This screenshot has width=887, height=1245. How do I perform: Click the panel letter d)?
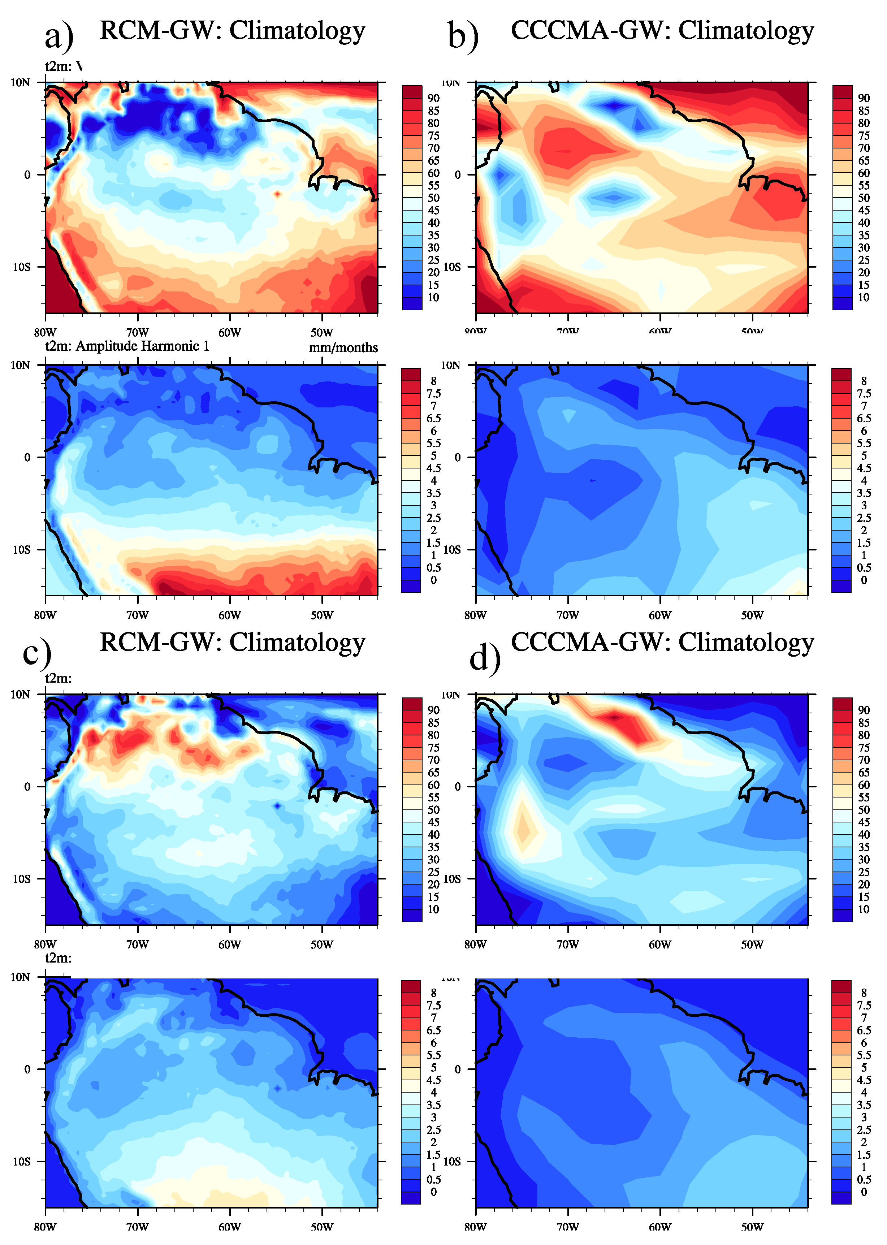tap(484, 658)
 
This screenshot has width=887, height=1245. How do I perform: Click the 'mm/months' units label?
tap(343, 348)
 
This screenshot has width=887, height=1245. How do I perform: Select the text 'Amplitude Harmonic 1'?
tap(142, 346)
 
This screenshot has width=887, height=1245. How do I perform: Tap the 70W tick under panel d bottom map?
tap(567, 1227)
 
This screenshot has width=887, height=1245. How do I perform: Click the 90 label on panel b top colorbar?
tap(864, 98)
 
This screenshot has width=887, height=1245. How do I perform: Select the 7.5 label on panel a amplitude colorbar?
tap(434, 393)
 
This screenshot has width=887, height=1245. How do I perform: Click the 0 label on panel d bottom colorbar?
tap(864, 1192)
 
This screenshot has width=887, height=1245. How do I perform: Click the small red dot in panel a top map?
tap(277, 194)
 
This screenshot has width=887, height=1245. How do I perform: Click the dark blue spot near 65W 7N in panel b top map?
tap(614, 105)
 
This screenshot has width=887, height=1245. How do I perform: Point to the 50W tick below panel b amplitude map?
tap(752, 615)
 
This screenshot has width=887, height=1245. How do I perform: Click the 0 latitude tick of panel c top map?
tap(27, 787)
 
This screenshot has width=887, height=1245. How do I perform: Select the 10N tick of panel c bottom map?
tap(21, 977)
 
